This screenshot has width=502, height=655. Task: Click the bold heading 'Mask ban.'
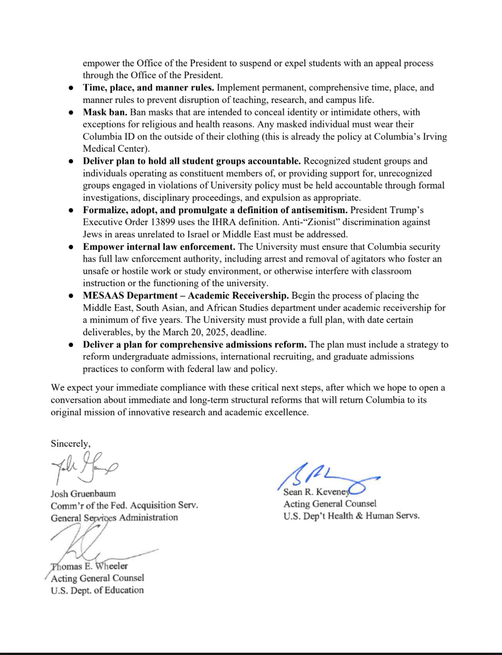105,112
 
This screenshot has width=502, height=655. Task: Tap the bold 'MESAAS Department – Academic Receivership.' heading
185,295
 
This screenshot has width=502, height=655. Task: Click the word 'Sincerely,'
70,443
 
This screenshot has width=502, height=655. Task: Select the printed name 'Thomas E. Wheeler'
90,566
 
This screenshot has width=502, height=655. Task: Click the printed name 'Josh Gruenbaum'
83,494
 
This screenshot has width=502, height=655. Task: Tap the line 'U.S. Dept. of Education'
97,590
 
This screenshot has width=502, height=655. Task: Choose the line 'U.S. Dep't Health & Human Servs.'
351,515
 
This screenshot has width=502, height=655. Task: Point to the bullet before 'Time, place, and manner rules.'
71,88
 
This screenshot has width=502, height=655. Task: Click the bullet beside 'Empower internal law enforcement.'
71,247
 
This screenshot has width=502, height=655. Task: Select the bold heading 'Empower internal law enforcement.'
159,247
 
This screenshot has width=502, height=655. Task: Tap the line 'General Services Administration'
114,517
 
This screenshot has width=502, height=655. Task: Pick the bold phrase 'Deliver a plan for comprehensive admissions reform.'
195,344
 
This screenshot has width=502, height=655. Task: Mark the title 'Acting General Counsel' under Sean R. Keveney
330,504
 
